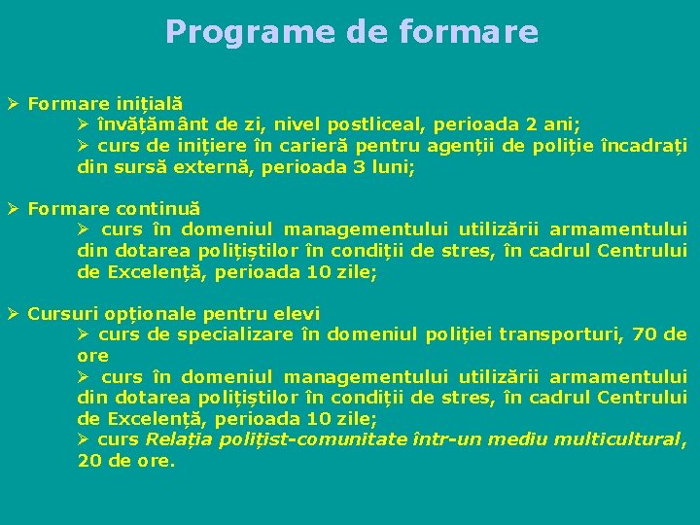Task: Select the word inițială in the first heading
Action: click(x=150, y=102)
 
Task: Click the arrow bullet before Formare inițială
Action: click(x=13, y=102)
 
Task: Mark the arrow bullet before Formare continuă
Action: click(x=13, y=208)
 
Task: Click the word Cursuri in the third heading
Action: click(x=60, y=314)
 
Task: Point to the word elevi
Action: click(x=297, y=314)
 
